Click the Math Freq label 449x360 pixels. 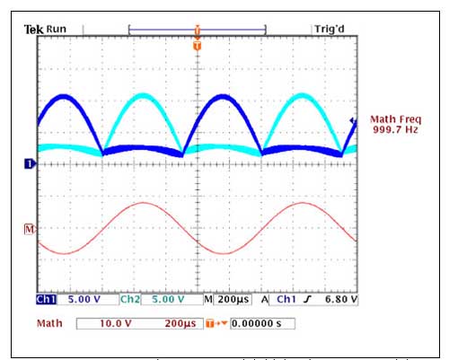click(x=395, y=119)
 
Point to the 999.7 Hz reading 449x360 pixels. click(x=395, y=130)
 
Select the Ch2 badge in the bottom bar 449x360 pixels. click(x=130, y=299)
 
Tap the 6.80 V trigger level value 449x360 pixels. click(x=340, y=299)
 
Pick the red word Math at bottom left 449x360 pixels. click(x=50, y=320)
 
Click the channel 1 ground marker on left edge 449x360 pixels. click(x=31, y=163)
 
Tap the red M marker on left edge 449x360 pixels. click(x=31, y=229)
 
